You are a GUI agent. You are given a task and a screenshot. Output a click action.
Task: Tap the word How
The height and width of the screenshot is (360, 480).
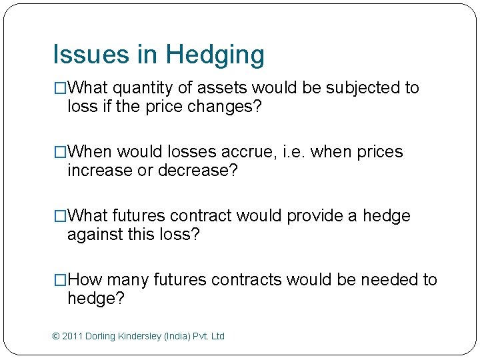tap(85, 280)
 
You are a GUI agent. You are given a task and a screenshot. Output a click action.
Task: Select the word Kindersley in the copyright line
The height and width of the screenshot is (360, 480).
tap(144, 337)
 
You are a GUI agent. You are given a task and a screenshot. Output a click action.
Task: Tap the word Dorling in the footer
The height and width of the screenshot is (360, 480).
tap(101, 336)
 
